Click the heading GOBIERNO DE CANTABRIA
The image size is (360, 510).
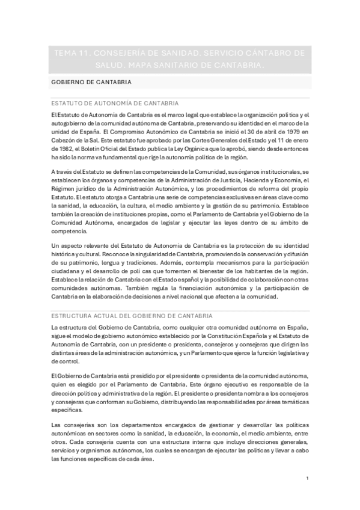click(x=92, y=82)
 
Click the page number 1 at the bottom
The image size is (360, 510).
click(x=307, y=479)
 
